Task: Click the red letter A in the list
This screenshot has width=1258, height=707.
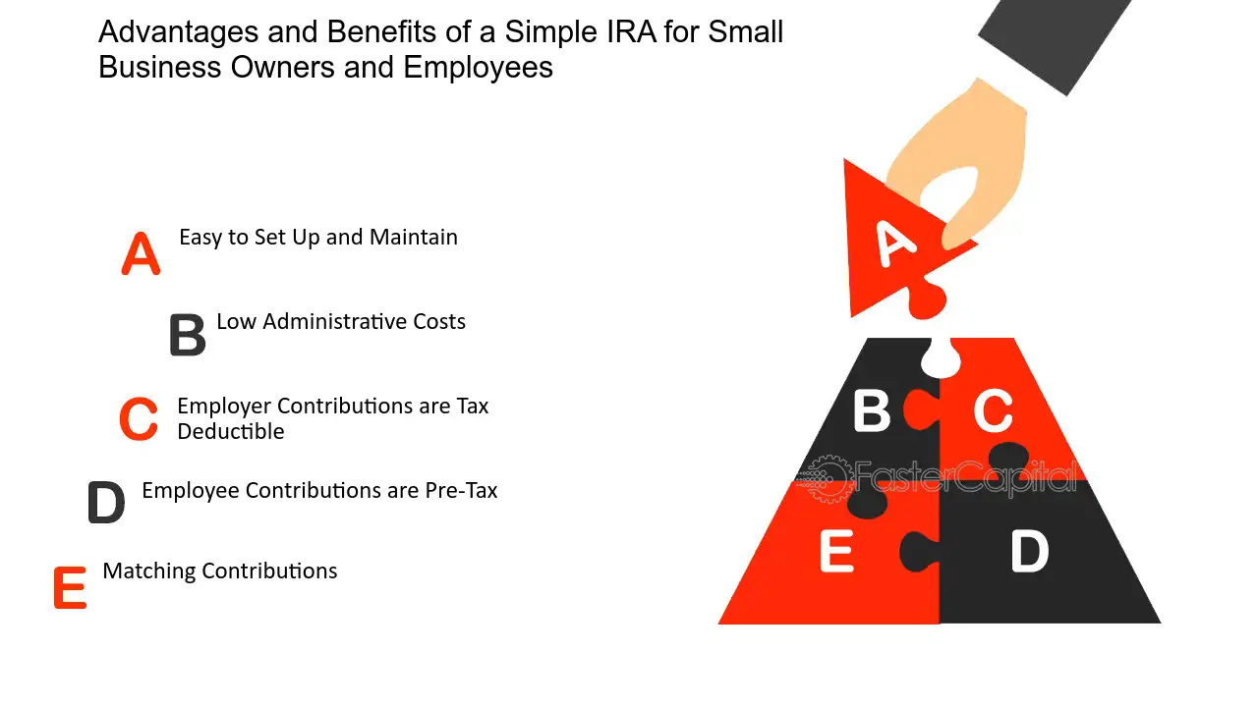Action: tap(141, 253)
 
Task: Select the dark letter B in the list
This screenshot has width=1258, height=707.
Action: tap(188, 335)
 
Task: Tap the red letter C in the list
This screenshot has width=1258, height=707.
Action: tap(139, 418)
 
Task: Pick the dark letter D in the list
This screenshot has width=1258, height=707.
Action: tap(107, 502)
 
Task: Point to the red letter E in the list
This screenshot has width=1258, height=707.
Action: tap(70, 587)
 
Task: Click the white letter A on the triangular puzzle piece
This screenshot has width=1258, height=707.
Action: tap(895, 244)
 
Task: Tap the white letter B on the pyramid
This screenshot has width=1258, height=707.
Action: tap(872, 411)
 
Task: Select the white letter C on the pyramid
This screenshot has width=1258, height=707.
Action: tap(993, 411)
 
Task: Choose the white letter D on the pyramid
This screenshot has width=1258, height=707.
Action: tap(1029, 552)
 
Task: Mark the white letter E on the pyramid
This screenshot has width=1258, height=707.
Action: tap(836, 552)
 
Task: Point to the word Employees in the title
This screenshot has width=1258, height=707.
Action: tap(478, 68)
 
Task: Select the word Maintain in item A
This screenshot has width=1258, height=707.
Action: tap(414, 238)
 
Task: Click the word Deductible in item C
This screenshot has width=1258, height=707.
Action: tap(231, 431)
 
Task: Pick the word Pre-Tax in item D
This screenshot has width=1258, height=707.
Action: tap(461, 491)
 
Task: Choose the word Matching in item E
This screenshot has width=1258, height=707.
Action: tap(149, 571)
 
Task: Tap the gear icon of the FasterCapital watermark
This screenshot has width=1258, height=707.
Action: tap(827, 478)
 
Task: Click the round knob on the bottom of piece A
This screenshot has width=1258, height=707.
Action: tap(927, 301)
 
